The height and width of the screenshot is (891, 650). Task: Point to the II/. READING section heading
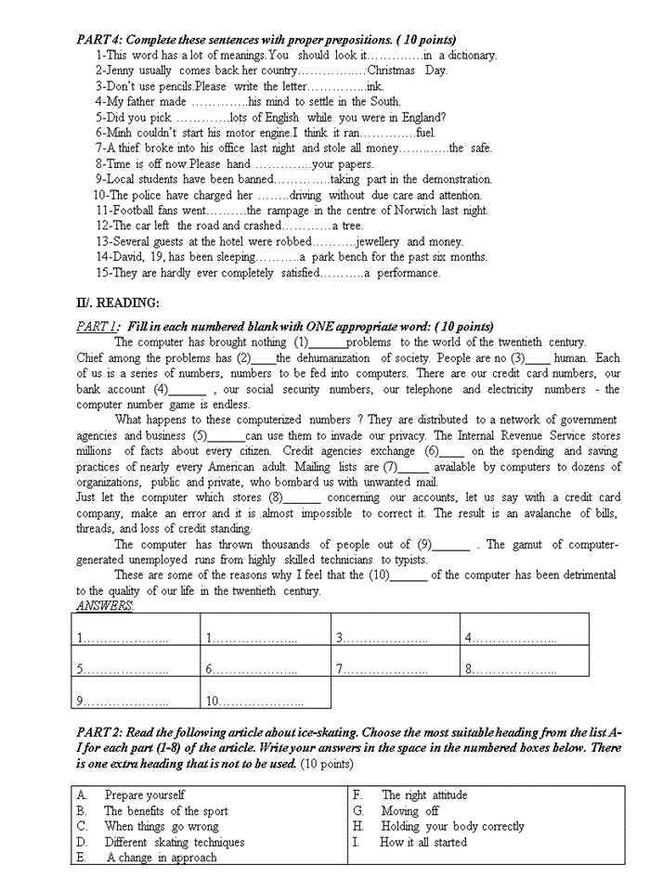118,303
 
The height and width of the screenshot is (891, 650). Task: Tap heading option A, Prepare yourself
144,795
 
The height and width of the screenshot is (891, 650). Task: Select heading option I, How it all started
422,843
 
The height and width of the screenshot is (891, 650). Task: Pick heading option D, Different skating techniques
174,843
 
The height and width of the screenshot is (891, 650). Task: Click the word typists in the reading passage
406,560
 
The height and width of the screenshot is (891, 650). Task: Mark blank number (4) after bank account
188,390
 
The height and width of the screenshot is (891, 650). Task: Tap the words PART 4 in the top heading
97,40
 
